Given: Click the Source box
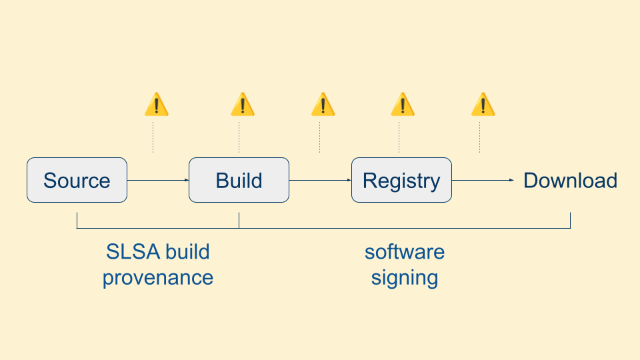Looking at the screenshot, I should pyautogui.click(x=77, y=180).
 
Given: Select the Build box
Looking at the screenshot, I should pyautogui.click(x=239, y=180).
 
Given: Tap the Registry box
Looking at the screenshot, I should pyautogui.click(x=401, y=180).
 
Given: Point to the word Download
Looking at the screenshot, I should pyautogui.click(x=570, y=180).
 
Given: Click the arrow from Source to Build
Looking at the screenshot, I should pyautogui.click(x=158, y=180).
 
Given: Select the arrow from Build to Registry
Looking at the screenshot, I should pyautogui.click(x=320, y=180).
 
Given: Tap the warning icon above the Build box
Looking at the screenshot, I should pyautogui.click(x=243, y=105).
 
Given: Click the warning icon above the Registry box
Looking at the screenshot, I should pyautogui.click(x=403, y=105).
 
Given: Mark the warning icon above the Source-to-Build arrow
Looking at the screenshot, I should pyautogui.click(x=157, y=105).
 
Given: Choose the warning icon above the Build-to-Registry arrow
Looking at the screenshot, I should pyautogui.click(x=323, y=105).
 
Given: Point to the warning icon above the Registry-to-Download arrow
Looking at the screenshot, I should pyautogui.click(x=483, y=105).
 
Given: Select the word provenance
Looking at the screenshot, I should pyautogui.click(x=158, y=277).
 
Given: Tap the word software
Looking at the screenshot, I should pyautogui.click(x=405, y=252).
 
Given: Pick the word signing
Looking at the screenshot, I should pyautogui.click(x=405, y=277).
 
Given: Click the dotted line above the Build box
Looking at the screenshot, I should pyautogui.click(x=239, y=137).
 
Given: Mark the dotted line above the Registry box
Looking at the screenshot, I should pyautogui.click(x=399, y=137).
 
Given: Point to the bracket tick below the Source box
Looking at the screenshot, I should pyautogui.click(x=77, y=221).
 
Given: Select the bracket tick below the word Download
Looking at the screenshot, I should pyautogui.click(x=570, y=221).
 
